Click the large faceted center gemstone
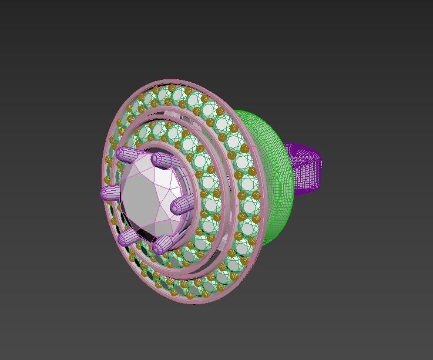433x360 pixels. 150,197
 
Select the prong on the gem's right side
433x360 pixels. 181,206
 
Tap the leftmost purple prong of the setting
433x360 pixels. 111,193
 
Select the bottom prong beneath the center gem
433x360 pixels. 163,244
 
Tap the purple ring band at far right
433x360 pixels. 306,170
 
